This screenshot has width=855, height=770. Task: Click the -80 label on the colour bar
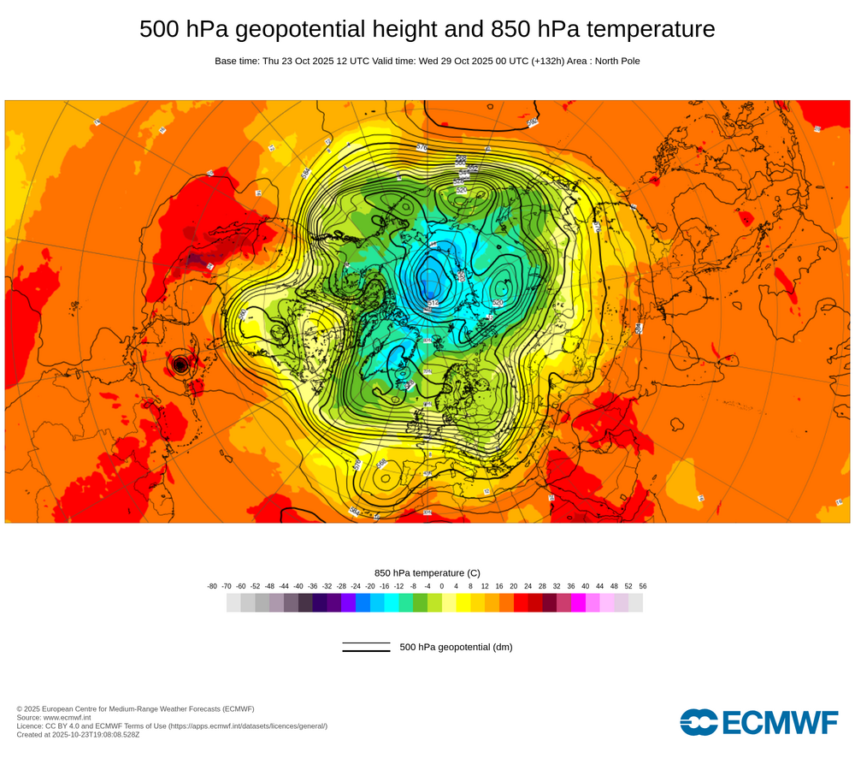tap(212, 586)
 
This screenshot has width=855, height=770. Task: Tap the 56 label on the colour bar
tap(642, 586)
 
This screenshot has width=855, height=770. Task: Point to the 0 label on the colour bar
tap(442, 586)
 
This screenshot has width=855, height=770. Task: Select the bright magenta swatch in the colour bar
tap(578, 602)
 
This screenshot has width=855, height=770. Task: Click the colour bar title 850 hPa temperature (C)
tap(427, 572)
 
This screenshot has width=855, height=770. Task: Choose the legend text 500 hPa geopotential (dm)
tap(456, 647)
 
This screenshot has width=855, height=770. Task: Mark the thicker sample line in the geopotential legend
tap(366, 651)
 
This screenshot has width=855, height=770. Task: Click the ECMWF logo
tap(759, 722)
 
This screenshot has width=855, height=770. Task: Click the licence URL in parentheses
tap(248, 726)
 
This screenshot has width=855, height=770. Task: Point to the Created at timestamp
tap(78, 734)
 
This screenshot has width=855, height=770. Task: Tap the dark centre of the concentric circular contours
tap(180, 364)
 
